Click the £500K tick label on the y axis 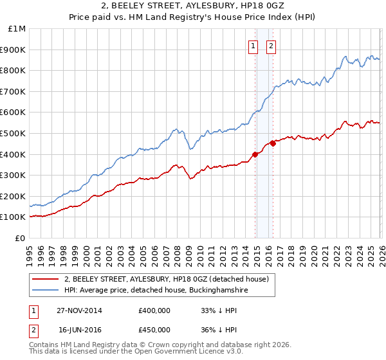click(13, 133)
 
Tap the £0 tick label click(21, 238)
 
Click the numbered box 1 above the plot click(253, 46)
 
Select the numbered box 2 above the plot click(271, 46)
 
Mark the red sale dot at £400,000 click(255, 154)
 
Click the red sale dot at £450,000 click(273, 143)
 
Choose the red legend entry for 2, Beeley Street click(170, 279)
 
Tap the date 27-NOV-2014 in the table click(79, 310)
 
